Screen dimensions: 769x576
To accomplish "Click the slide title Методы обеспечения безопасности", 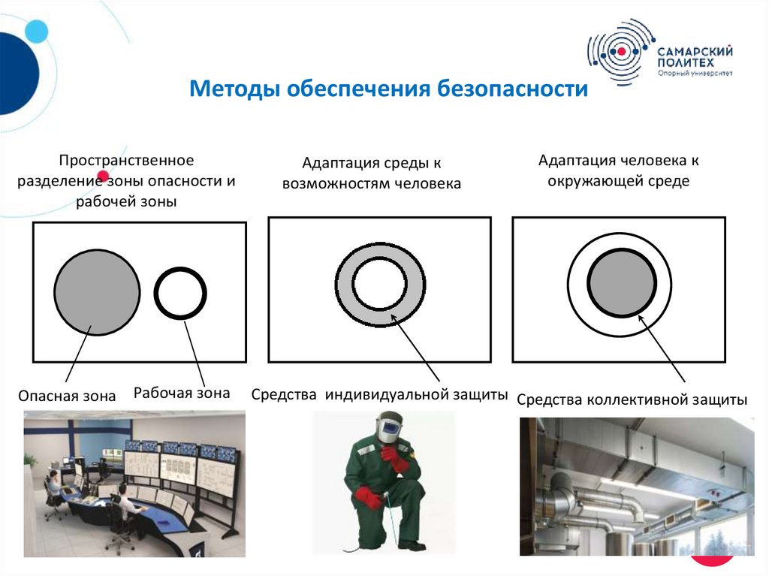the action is coord(388,89).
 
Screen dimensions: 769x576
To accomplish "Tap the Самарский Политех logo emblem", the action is coord(622,52).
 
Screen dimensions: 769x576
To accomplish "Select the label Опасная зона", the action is coord(67,396).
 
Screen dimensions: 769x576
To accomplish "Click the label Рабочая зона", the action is coord(182,393).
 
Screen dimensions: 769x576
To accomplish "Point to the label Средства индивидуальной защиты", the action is coord(379,394).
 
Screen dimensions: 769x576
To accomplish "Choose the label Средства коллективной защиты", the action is coord(632,400).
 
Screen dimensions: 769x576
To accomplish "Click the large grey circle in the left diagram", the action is coord(97,292).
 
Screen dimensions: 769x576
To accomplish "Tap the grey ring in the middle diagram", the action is coord(344,285).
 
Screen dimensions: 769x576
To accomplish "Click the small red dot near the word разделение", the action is coord(103,176).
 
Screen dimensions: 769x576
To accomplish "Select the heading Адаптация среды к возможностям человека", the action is coord(371,173).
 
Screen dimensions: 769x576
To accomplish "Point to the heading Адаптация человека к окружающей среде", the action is coord(619,170).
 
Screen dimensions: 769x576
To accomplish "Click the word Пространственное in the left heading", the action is coord(126,161).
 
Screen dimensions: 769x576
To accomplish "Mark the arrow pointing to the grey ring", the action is coord(415,348).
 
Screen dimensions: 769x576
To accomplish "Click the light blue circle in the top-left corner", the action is coord(36,32).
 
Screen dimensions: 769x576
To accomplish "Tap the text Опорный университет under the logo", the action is coord(695,73).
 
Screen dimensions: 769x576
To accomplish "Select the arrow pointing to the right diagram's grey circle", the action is coord(661,348).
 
